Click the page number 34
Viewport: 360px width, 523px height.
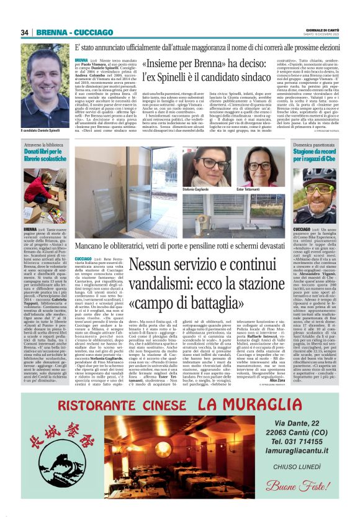tap(24, 32)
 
